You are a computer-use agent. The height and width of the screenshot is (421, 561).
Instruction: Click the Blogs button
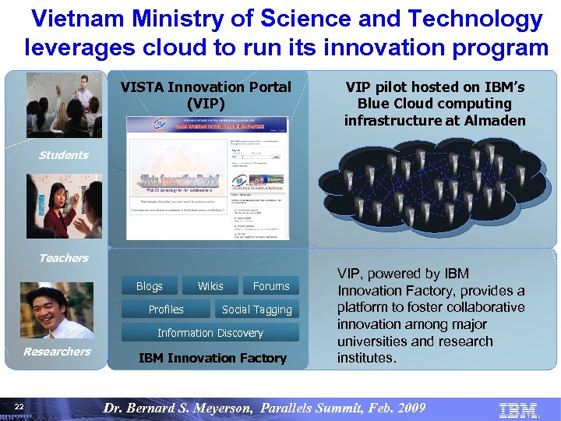tap(149, 286)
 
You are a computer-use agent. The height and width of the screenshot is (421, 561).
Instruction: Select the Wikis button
tap(210, 286)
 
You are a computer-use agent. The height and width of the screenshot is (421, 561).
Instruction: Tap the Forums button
tap(270, 286)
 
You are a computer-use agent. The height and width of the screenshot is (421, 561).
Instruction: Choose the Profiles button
tap(166, 310)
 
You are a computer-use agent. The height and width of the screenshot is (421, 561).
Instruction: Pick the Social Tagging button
tap(256, 310)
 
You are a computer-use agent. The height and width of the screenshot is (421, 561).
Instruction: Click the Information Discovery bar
tap(210, 333)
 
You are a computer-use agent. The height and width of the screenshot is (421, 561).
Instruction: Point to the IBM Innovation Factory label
tap(212, 358)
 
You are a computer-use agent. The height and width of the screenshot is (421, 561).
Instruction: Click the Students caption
tap(64, 155)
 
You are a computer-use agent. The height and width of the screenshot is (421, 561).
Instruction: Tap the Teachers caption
tap(64, 258)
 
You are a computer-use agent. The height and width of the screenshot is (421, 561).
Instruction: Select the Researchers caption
tap(57, 352)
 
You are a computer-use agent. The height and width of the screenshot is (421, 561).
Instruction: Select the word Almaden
tap(496, 120)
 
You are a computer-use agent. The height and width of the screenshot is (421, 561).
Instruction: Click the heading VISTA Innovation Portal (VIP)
tap(206, 95)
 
